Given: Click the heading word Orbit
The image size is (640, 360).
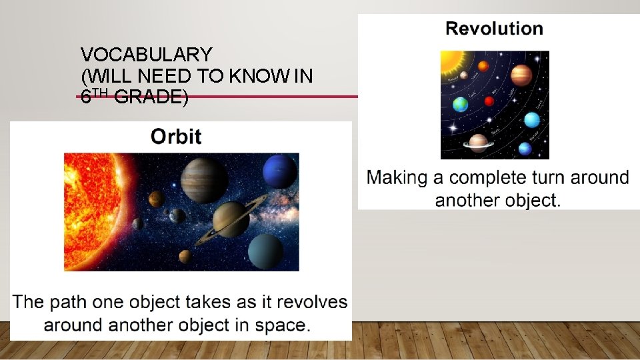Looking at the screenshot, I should point(176,137).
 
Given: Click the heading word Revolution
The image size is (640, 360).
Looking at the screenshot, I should point(494,29).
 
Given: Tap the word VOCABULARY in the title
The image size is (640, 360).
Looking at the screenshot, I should point(146,55).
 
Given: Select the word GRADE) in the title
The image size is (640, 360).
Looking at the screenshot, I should point(151,98).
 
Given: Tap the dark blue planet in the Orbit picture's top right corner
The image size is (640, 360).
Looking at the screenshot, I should point(279,171).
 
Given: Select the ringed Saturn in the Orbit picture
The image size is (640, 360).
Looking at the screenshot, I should point(231,219).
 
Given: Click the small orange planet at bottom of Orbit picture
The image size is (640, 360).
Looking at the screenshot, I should point(185,256).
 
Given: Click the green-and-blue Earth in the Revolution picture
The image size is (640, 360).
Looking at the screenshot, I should point(460,105).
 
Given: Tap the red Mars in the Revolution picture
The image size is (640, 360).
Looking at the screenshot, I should point(489,101).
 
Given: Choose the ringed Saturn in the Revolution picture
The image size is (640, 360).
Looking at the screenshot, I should point(478,141).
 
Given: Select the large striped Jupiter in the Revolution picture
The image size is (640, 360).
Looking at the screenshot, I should point(521,75).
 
